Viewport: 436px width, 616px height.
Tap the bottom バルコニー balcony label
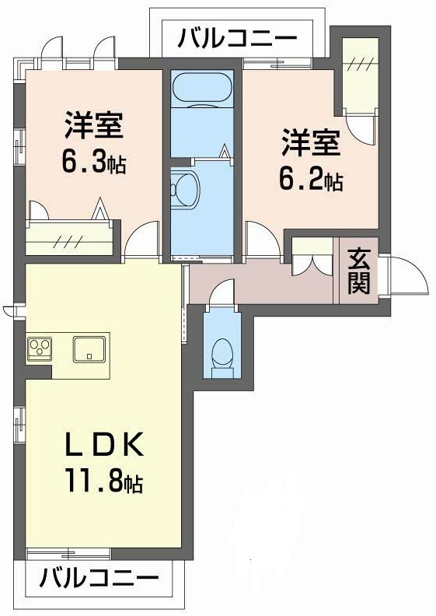pos(99,579)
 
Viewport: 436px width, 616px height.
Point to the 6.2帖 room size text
pos(311,180)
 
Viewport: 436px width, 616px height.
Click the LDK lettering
pos(103,446)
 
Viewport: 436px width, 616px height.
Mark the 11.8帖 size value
pos(103,483)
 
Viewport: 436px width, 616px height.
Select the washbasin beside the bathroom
pos(185,187)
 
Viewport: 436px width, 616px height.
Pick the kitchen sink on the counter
pos(91,348)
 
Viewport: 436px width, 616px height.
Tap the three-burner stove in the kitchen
pos(40,348)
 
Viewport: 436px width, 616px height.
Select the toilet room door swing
pos(220,292)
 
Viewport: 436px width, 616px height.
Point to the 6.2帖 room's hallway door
pos(260,240)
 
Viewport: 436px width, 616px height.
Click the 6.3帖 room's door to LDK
pos(141,240)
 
